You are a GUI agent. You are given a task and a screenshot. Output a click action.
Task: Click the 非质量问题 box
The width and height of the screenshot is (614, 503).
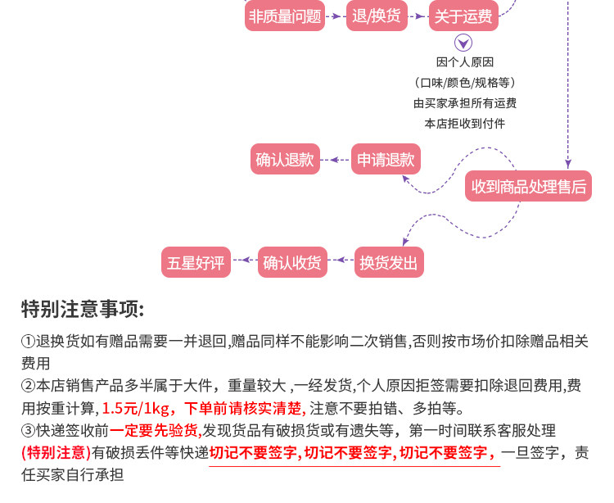pyautogui.click(x=285, y=16)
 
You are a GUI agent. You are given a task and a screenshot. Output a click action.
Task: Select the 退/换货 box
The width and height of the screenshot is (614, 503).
pyautogui.click(x=377, y=16)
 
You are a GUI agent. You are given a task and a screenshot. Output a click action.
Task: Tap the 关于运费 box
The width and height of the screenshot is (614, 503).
pyautogui.click(x=463, y=16)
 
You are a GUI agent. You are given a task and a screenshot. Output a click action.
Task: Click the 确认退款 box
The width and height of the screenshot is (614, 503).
pyautogui.click(x=285, y=160)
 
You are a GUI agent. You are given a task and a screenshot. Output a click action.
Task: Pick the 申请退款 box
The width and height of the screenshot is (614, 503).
pyautogui.click(x=386, y=160)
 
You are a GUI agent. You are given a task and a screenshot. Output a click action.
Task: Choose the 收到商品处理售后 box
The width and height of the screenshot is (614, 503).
pyautogui.click(x=529, y=187)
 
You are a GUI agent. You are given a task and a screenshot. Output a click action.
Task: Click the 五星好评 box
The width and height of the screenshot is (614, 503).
pyautogui.click(x=196, y=262)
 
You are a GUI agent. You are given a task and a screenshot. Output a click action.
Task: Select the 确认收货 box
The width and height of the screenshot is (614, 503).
pyautogui.click(x=292, y=262)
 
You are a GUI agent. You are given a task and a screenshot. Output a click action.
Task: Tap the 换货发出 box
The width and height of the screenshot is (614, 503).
pyautogui.click(x=389, y=262)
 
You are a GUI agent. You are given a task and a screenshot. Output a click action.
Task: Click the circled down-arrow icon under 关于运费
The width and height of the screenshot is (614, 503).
pyautogui.click(x=464, y=43)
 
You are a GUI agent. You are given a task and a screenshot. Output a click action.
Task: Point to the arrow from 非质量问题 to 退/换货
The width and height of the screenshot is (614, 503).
pyautogui.click(x=336, y=16)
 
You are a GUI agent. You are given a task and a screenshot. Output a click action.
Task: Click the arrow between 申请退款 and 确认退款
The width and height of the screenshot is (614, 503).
pyautogui.click(x=336, y=160)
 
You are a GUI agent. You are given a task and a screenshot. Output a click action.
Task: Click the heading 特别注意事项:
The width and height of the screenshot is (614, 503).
pyautogui.click(x=83, y=309)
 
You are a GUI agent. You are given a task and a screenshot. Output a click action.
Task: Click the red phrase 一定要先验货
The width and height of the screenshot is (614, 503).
pyautogui.click(x=155, y=430)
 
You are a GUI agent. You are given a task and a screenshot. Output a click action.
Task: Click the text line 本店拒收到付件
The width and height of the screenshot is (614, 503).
pyautogui.click(x=464, y=124)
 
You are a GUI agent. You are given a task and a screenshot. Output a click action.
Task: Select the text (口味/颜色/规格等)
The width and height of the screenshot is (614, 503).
pyautogui.click(x=464, y=83)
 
